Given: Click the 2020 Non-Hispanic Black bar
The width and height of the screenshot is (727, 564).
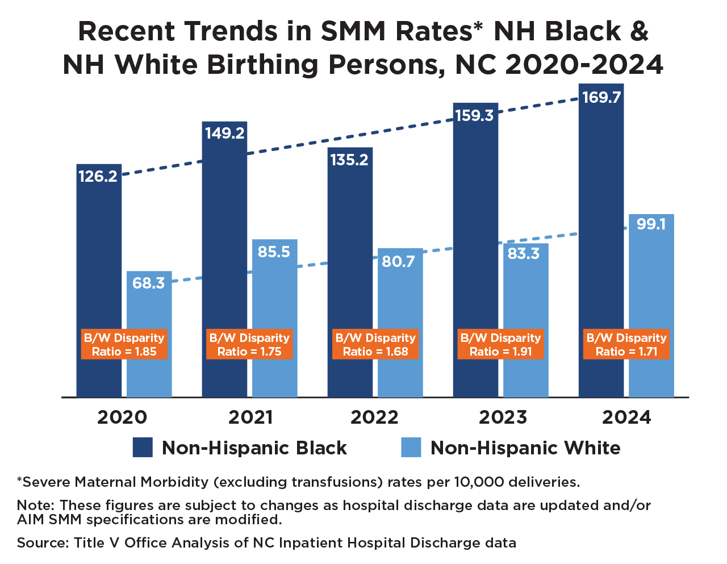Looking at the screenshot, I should (x=99, y=256).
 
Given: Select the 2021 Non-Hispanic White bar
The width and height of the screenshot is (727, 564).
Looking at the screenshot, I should (x=275, y=295).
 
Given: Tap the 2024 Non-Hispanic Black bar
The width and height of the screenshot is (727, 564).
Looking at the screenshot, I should (x=601, y=227).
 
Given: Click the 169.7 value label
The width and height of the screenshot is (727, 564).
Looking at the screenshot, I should (x=601, y=98).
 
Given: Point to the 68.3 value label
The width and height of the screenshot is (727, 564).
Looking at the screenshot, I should (x=149, y=283).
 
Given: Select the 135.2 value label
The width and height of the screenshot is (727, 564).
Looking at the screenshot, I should (x=349, y=160).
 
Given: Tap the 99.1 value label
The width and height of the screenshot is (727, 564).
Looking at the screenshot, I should (x=651, y=224).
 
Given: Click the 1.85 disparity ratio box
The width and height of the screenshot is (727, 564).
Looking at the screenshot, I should (x=124, y=344).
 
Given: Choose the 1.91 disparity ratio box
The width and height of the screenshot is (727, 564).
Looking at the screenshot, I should (x=500, y=344).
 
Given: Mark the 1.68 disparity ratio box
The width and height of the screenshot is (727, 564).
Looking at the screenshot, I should (x=375, y=344).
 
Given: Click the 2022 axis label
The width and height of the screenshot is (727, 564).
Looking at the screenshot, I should (x=374, y=417).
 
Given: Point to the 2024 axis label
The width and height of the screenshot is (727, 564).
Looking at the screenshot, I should (x=626, y=417).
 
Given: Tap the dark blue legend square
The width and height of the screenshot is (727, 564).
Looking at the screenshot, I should (x=143, y=448).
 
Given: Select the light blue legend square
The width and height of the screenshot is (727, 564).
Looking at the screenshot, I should (x=411, y=448).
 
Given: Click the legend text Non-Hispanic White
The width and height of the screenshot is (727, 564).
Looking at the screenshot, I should (x=525, y=448).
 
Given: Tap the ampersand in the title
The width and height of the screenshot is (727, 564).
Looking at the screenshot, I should (x=639, y=31).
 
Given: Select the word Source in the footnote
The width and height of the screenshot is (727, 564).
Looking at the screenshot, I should (x=41, y=543).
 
